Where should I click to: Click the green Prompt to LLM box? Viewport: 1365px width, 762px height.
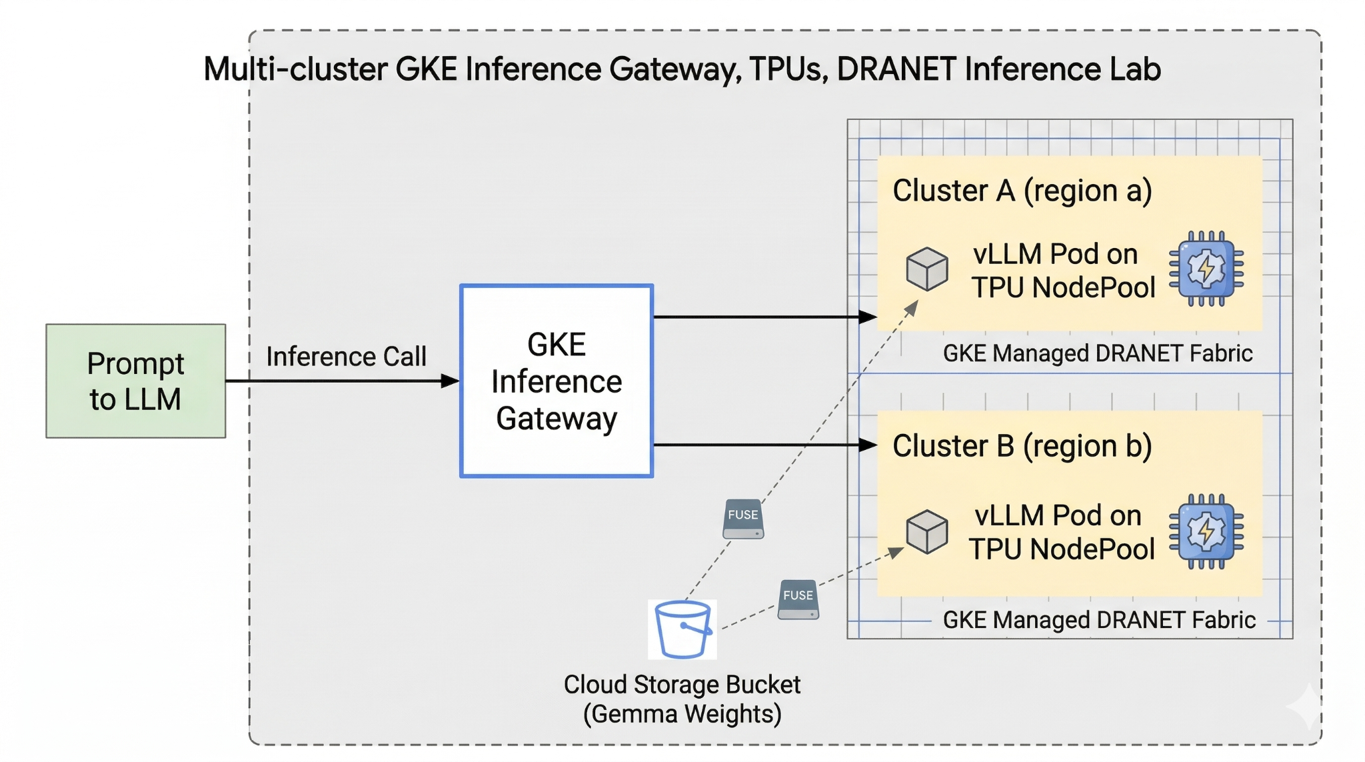tap(135, 381)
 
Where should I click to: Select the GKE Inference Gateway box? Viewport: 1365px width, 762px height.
tap(556, 381)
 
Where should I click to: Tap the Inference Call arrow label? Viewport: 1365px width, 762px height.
tap(346, 357)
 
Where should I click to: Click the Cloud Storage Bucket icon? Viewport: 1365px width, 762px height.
tap(682, 629)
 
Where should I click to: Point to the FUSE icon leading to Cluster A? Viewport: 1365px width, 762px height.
tap(743, 519)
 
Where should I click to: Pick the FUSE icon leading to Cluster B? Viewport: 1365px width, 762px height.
tap(798, 599)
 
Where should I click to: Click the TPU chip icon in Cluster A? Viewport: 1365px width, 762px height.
tap(1206, 269)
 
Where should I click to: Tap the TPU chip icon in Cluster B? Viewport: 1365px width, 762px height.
tap(1206, 531)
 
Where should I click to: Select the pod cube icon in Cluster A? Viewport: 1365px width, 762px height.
tap(926, 269)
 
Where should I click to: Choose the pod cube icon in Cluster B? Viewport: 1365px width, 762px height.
tap(926, 531)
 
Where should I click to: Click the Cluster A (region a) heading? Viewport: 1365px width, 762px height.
tap(1022, 191)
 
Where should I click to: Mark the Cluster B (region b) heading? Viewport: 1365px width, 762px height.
tap(1022, 446)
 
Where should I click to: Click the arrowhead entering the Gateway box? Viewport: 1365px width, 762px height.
tap(451, 381)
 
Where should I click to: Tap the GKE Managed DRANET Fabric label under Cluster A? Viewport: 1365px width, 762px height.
tap(1097, 353)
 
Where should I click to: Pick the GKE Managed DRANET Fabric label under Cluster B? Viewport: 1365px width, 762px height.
tap(1098, 620)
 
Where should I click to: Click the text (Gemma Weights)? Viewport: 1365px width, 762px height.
tap(682, 714)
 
